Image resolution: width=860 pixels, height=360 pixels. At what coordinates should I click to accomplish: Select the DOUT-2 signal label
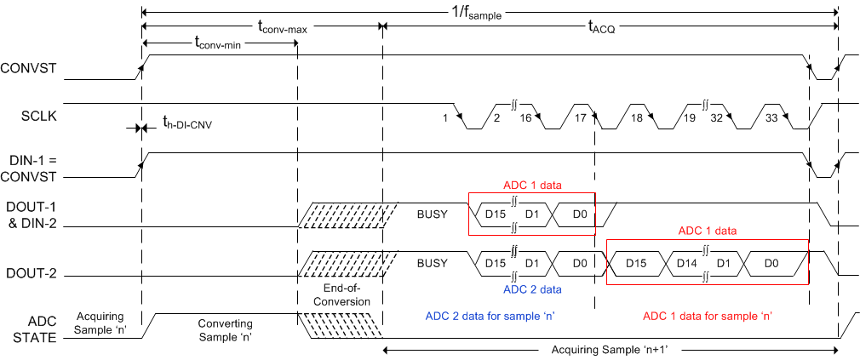pos(31,275)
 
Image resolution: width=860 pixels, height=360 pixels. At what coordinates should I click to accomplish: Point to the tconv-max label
pos(281,27)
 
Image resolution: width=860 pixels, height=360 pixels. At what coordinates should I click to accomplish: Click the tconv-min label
pos(219,42)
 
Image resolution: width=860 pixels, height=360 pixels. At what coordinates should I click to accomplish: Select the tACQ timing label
pos(601,27)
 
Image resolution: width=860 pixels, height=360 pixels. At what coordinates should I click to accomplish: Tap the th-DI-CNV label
pos(186,124)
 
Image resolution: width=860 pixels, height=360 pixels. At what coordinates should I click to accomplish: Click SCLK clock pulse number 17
pos(580,117)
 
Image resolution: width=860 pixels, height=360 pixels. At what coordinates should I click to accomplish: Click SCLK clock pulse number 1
pos(444,117)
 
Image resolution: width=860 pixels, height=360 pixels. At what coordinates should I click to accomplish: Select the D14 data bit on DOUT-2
pos(685,263)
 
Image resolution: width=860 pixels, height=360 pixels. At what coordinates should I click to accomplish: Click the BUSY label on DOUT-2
pos(432,263)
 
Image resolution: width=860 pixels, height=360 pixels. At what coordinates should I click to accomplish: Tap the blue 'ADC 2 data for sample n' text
pos(490,317)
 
